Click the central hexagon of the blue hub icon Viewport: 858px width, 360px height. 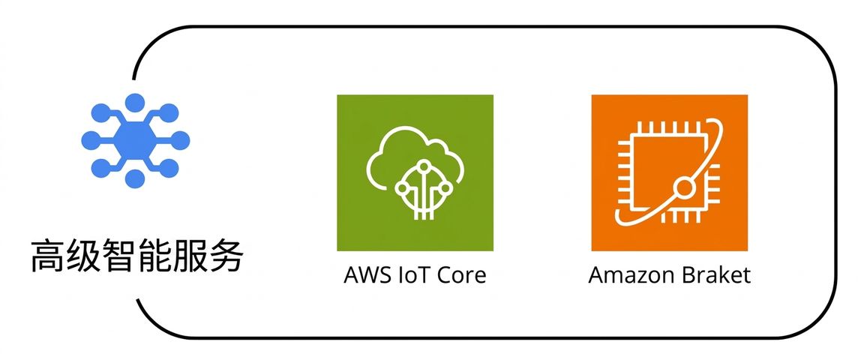pyautogui.click(x=135, y=140)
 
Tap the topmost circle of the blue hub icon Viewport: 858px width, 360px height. pyautogui.click(x=135, y=103)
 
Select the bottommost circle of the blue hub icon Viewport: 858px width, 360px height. pyautogui.click(x=135, y=178)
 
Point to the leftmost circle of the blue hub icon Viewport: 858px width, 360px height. pyautogui.click(x=91, y=140)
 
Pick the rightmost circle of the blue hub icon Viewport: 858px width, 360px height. pyautogui.click(x=180, y=140)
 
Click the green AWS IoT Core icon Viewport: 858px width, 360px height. pyautogui.click(x=415, y=173)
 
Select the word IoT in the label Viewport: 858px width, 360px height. pyautogui.click(x=406, y=274)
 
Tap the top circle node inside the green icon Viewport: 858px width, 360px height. pyautogui.click(x=423, y=165)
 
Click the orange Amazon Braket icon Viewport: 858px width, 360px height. pyautogui.click(x=669, y=173)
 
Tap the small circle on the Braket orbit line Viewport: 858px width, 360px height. pyautogui.click(x=683, y=189)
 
